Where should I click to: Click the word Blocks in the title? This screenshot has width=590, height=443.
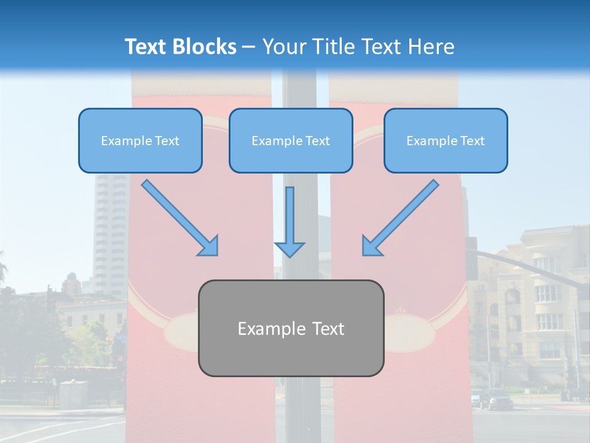click(205, 47)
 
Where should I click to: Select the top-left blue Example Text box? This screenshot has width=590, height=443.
click(140, 140)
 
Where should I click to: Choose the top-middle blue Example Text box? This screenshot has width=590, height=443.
click(291, 140)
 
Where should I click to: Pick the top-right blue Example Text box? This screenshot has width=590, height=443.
click(446, 140)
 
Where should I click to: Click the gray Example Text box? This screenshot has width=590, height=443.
click(291, 328)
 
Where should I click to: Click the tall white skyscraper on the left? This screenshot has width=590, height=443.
click(109, 234)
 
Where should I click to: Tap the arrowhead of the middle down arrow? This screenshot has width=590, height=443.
click(289, 249)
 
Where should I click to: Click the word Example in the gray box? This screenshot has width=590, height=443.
click(265, 329)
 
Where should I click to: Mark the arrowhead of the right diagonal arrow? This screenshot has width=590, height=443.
click(372, 245)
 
